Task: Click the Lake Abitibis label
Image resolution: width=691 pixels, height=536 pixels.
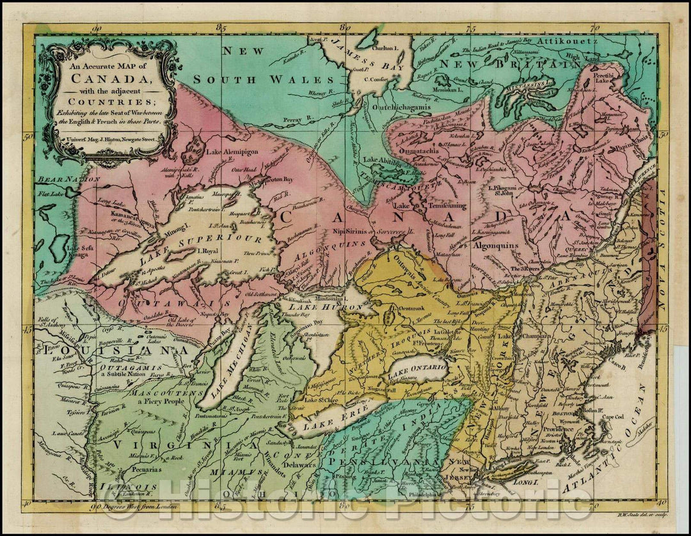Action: [383, 159]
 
